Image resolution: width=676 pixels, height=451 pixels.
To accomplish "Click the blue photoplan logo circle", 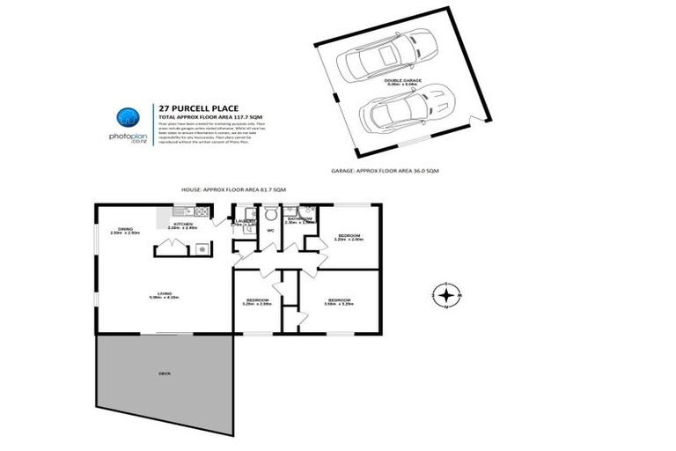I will [129, 117].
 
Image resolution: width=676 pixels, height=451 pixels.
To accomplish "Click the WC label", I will [271, 231].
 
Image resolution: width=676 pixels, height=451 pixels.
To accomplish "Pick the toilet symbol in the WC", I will [271, 214].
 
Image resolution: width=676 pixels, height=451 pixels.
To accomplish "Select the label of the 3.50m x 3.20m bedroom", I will [340, 301].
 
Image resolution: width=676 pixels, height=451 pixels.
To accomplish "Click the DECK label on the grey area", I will [165, 373].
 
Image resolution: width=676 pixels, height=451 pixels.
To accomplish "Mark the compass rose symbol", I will [447, 295].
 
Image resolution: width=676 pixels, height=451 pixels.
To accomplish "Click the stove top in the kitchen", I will [202, 212].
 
